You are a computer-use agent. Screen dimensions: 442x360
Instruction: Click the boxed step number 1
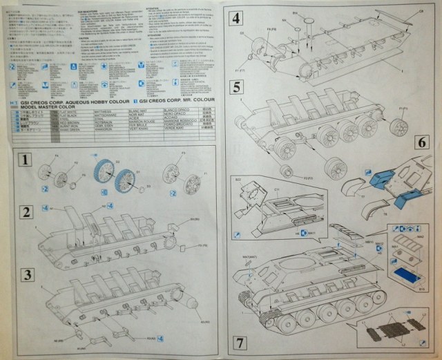[25, 161]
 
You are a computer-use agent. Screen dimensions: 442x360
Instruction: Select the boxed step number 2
[25, 211]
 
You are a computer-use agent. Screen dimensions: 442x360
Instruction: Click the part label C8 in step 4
[421, 12]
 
